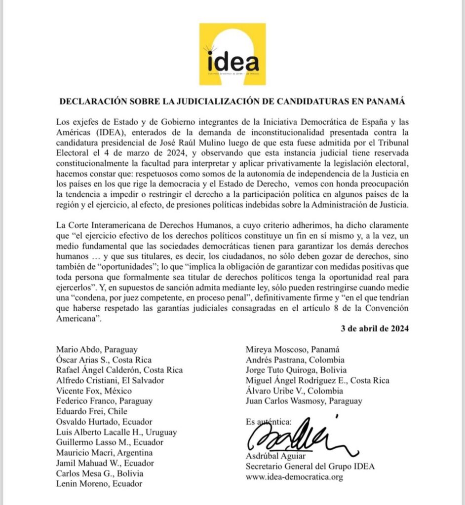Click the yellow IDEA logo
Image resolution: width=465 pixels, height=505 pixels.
(232, 54)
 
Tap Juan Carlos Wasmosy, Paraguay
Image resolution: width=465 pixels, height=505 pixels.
(304, 401)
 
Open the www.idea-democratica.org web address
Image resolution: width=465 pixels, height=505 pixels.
(294, 477)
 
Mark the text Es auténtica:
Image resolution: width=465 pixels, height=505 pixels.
(268, 422)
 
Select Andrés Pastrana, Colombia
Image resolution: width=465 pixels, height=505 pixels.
(295, 360)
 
